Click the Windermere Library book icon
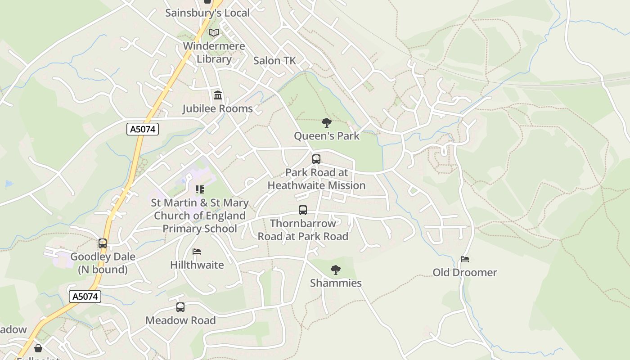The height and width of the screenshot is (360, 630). (x=214, y=32)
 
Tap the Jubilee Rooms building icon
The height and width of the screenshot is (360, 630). (x=218, y=95)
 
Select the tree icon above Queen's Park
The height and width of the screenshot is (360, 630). (x=327, y=122)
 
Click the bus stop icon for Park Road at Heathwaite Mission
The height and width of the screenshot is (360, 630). (x=316, y=159)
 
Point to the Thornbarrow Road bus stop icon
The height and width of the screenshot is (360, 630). (x=303, y=210)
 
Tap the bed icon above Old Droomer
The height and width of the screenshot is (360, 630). (x=465, y=259)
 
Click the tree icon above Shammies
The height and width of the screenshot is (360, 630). (x=335, y=270)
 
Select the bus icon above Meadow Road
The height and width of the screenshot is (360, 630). (x=180, y=307)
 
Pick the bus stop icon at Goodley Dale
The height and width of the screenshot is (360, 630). (x=103, y=243)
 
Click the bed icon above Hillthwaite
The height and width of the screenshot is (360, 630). (x=197, y=252)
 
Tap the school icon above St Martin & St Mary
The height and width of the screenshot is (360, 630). (x=199, y=189)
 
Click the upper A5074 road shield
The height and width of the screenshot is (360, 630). (x=143, y=130)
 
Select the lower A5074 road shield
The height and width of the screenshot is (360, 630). (x=85, y=297)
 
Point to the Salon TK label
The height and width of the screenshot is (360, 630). (x=274, y=61)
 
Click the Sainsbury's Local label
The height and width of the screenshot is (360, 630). (x=207, y=13)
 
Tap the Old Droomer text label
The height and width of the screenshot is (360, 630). (x=465, y=272)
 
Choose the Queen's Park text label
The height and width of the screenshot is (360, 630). (x=327, y=135)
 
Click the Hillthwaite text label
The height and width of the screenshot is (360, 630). (x=197, y=265)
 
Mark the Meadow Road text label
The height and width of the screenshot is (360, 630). (x=180, y=320)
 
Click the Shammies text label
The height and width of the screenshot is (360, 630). (x=336, y=283)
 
